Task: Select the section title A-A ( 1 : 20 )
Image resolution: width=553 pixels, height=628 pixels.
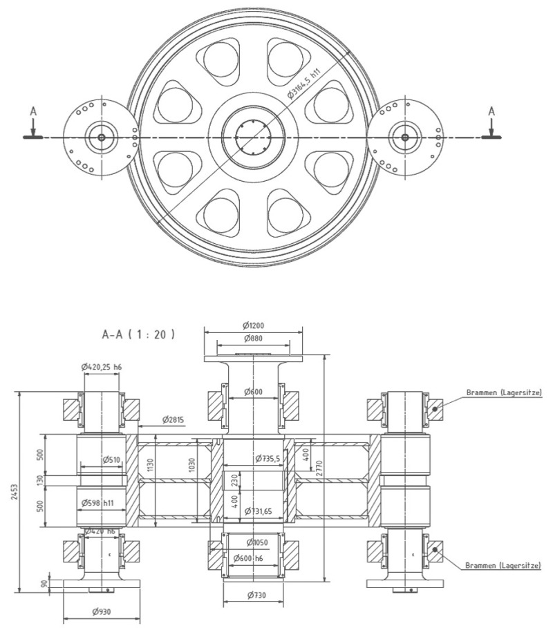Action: tap(138, 334)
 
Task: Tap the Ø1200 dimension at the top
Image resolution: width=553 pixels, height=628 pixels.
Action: tap(254, 325)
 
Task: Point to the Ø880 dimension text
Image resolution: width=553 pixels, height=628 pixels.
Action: tap(254, 339)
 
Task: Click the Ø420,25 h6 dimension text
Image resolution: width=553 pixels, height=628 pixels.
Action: tap(101, 368)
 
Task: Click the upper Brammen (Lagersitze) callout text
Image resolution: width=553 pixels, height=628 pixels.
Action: tap(499, 392)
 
